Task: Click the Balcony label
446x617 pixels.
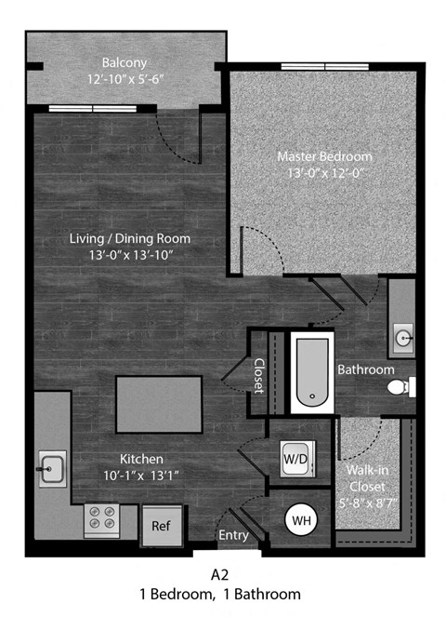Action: click(x=125, y=62)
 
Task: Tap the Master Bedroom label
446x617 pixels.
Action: click(x=324, y=155)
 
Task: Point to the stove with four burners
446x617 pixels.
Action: click(x=100, y=519)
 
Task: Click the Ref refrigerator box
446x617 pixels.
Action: click(x=161, y=526)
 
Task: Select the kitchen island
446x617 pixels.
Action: click(x=159, y=401)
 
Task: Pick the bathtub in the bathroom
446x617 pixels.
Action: click(x=308, y=373)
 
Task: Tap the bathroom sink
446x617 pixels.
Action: click(x=402, y=336)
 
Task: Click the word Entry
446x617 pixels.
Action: click(x=232, y=535)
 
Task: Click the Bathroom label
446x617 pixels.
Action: click(x=365, y=369)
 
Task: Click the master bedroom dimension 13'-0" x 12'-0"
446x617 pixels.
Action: click(x=324, y=172)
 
